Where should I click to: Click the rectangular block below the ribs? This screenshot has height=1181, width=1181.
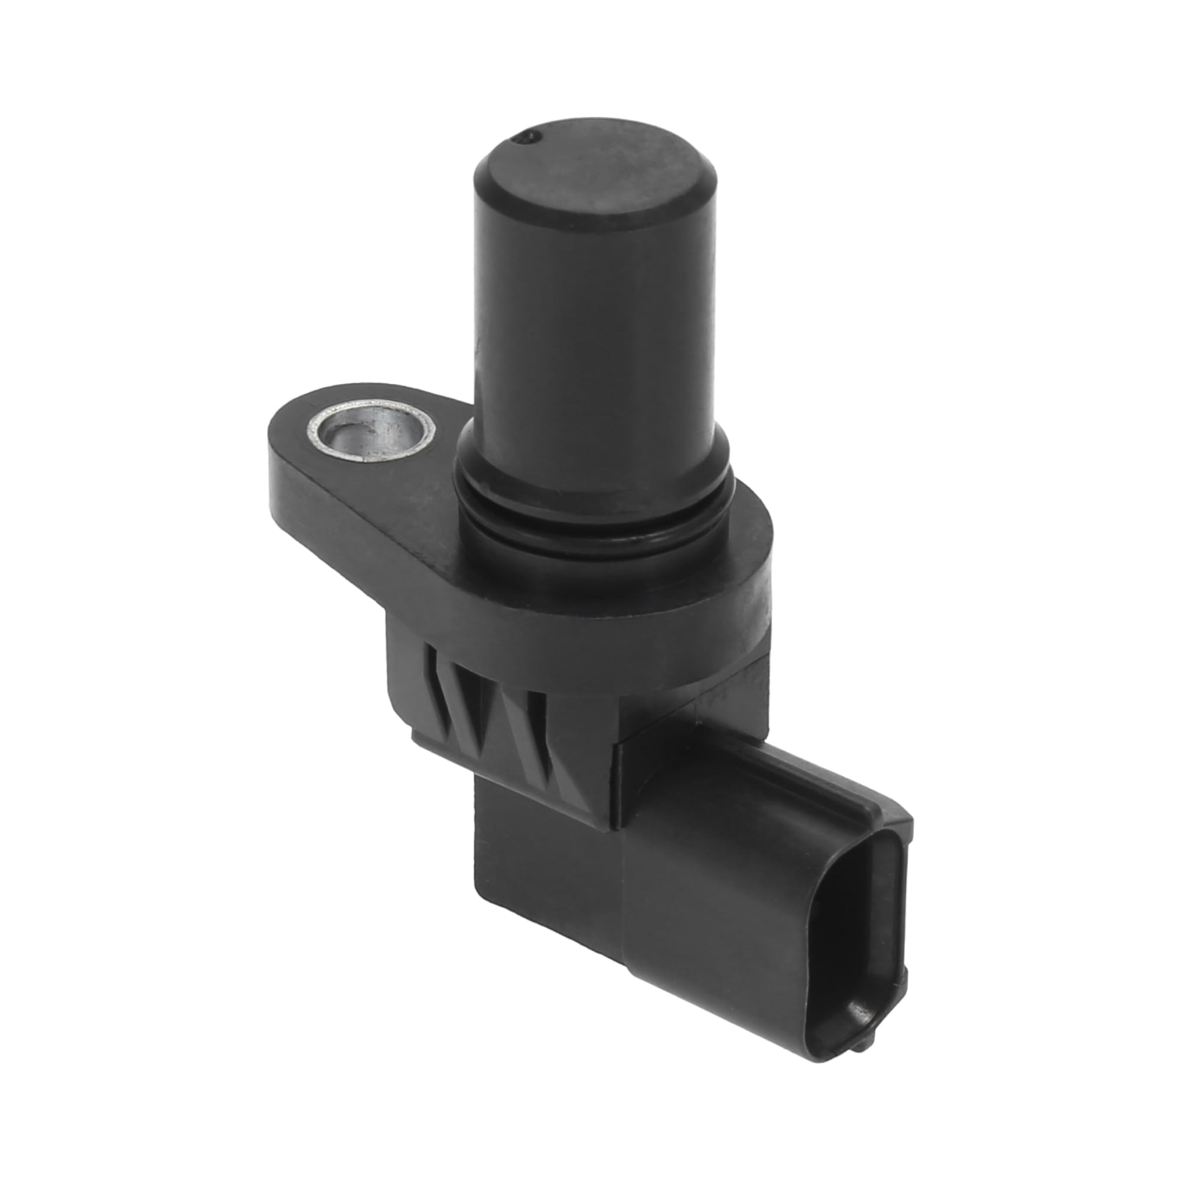(544, 868)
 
